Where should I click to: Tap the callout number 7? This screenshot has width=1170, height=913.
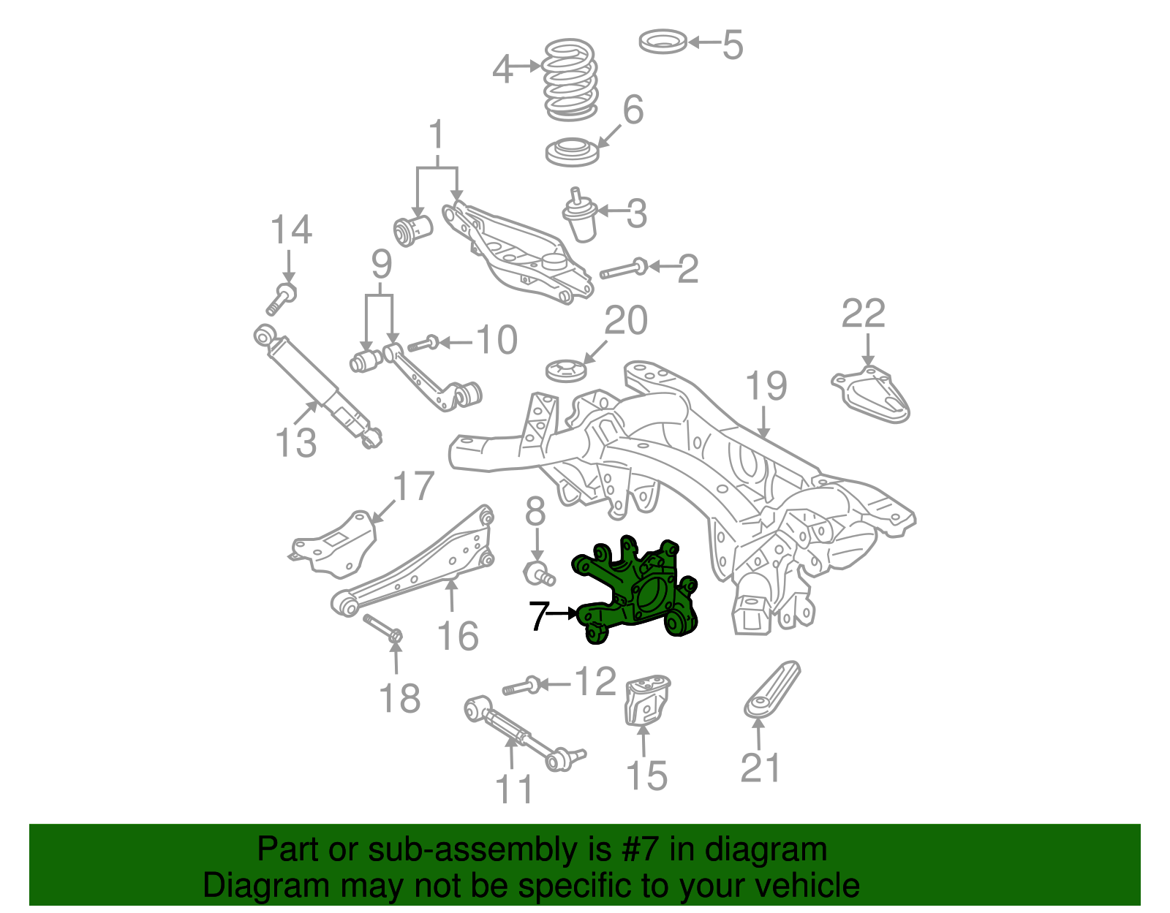(538, 616)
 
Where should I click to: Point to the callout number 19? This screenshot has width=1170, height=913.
(766, 386)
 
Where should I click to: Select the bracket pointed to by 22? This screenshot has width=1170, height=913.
(872, 395)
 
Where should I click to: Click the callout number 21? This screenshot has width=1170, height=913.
(760, 768)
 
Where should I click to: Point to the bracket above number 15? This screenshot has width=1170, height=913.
(646, 700)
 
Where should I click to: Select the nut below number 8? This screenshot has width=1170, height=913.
(537, 574)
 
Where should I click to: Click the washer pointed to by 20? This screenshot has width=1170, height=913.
(566, 370)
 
